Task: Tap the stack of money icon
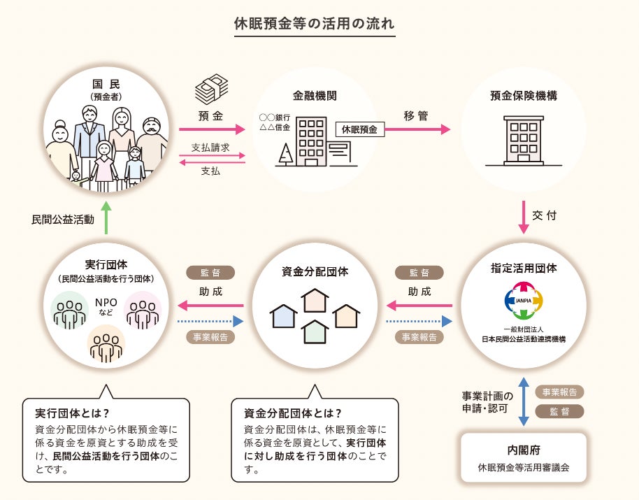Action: [211, 90]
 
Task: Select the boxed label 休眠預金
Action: [359, 129]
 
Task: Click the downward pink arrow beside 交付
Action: [524, 217]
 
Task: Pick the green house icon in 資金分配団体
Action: [315, 331]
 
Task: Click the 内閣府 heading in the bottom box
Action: [524, 450]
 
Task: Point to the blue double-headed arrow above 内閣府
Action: [524, 401]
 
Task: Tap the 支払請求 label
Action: [210, 148]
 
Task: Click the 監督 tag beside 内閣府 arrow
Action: [559, 411]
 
